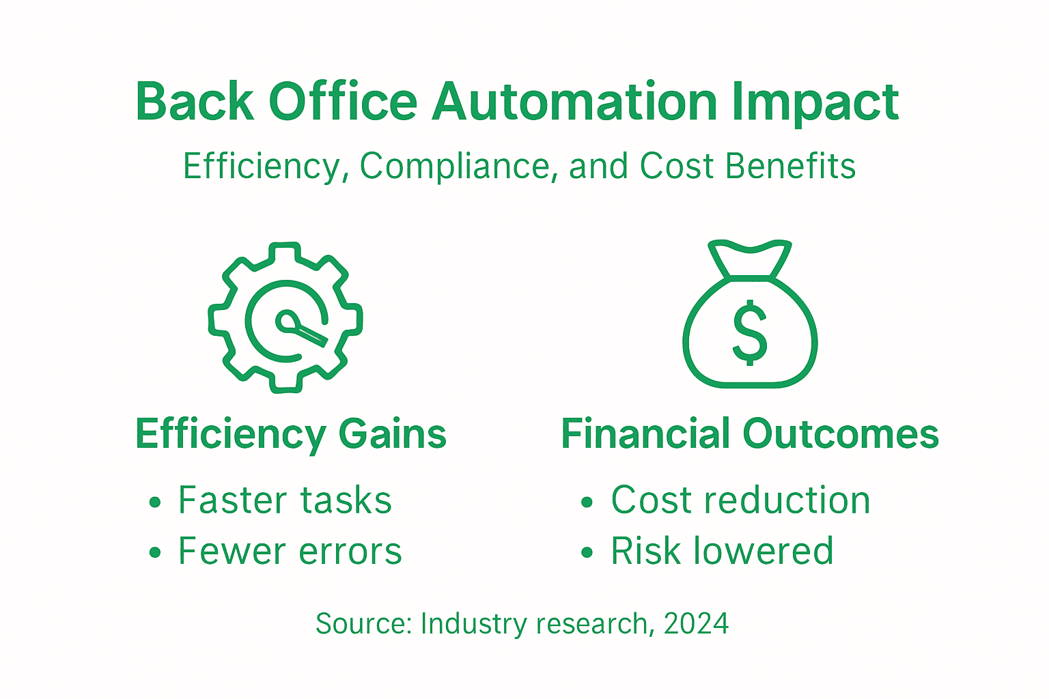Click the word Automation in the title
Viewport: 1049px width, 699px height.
[574, 102]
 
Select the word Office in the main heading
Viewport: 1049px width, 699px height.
[343, 102]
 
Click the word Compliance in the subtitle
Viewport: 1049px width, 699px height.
[454, 167]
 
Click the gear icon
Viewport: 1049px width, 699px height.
[285, 317]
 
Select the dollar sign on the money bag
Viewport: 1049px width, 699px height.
[750, 332]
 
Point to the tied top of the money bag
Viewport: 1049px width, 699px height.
[750, 259]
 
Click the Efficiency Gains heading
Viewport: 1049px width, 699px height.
[291, 434]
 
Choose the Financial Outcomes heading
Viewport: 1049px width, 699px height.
[750, 434]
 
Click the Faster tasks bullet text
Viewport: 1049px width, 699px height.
[285, 500]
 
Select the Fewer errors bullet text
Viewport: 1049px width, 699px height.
[290, 552]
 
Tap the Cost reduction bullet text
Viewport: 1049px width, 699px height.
[741, 500]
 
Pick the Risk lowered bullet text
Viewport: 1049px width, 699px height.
[722, 552]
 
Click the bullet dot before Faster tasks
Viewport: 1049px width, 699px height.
[155, 503]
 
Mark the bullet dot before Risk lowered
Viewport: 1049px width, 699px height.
[587, 553]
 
